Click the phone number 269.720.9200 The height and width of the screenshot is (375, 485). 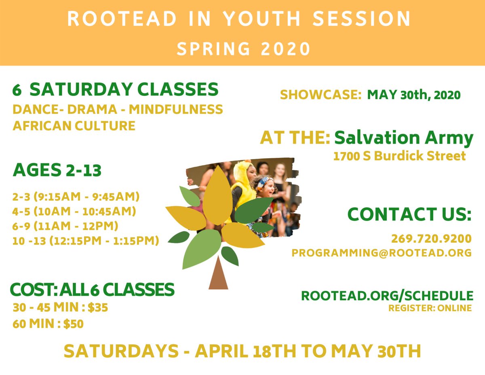tap(431, 237)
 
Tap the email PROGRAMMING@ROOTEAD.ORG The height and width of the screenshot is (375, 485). tap(382, 253)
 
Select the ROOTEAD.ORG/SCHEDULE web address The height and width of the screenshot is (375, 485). tap(387, 295)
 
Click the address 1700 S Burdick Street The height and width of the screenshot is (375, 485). tap(399, 156)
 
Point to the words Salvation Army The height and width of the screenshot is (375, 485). tap(403, 138)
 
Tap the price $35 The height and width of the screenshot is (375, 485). tap(97, 308)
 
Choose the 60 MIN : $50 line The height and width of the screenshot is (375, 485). tap(48, 324)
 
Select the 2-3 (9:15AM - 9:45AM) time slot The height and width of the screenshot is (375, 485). tap(76, 197)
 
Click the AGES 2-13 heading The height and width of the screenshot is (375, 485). tap(57, 170)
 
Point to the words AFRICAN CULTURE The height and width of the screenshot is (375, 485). tap(74, 125)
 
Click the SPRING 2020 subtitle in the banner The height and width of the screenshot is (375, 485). tap(243, 48)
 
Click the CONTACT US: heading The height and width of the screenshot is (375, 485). tap(409, 214)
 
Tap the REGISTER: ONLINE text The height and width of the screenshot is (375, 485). tap(430, 308)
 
